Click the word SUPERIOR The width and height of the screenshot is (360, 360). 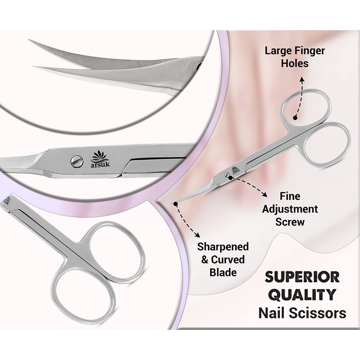302,277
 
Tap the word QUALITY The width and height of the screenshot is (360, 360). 302,295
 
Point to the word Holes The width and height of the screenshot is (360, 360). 295,63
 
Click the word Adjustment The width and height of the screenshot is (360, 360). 290,210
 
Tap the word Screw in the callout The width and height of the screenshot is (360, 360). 290,222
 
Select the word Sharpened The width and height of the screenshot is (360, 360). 223,247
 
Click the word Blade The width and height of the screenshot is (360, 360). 223,273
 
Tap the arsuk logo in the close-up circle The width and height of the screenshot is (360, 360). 100,159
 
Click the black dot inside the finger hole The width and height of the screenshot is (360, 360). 295,117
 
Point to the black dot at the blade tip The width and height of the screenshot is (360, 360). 176,204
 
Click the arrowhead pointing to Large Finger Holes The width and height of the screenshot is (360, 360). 302,80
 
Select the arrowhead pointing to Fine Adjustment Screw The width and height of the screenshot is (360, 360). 265,195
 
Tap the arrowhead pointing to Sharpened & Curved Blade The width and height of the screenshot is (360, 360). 197,234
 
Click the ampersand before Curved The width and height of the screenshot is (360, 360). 205,260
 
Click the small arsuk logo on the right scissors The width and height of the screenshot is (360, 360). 234,170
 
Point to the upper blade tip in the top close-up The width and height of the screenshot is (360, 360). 29,40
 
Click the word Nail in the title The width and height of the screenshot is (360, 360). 271,313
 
